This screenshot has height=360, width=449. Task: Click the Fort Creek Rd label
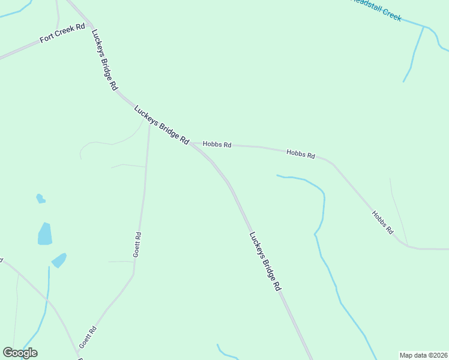pos(63,34)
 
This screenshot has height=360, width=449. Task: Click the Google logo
pos(20,353)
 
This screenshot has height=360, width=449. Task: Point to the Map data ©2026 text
pos(423,355)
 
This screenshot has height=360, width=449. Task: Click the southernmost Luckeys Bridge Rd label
pos(265,262)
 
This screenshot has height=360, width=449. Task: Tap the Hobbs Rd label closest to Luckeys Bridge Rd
pos(217,144)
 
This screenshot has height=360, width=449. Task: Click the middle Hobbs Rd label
pos(301,154)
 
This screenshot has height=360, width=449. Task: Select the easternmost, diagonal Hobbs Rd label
pos(382,222)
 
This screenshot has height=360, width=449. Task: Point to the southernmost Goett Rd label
pos(88,338)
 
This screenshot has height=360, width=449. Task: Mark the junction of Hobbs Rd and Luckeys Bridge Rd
pos(191,143)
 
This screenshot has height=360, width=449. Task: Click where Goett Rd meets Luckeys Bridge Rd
pos(149,119)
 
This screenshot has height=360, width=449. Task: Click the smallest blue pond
pos(40,199)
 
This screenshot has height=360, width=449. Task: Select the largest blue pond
pos(45,233)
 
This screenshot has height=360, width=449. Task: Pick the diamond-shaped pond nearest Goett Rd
pos(59,260)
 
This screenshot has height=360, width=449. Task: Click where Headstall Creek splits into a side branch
pos(424,27)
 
